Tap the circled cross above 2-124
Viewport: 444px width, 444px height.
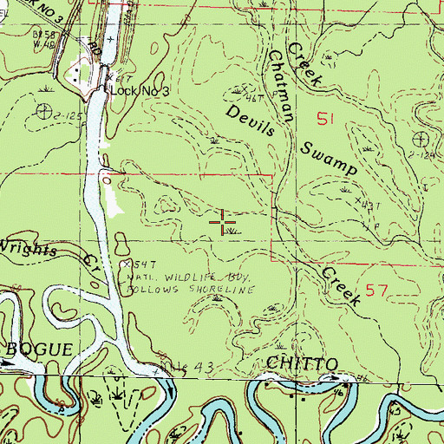421,138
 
